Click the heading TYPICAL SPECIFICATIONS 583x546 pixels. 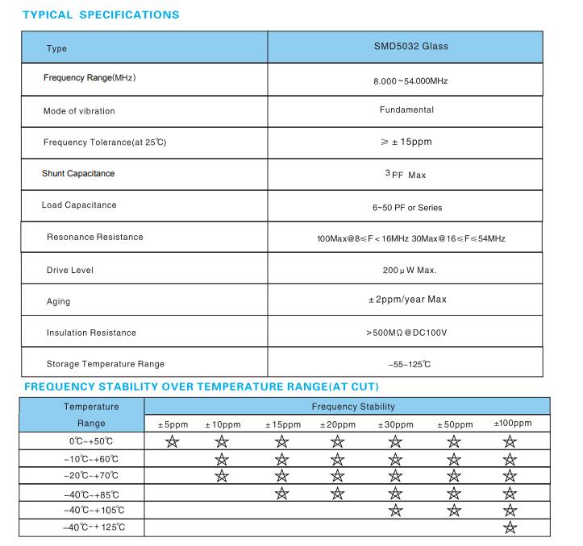pyautogui.click(x=101, y=14)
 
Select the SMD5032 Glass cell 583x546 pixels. pyautogui.click(x=411, y=47)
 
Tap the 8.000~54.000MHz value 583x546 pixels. pyautogui.click(x=411, y=82)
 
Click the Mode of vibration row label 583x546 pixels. pyautogui.click(x=79, y=110)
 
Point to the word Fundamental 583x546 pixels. pyautogui.click(x=406, y=110)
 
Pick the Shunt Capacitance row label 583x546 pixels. pyautogui.click(x=78, y=173)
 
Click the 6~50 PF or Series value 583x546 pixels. pyautogui.click(x=407, y=207)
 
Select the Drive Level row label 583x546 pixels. pyautogui.click(x=70, y=270)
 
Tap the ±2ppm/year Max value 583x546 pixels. pyautogui.click(x=407, y=300)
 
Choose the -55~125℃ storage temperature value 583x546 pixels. pyautogui.click(x=406, y=364)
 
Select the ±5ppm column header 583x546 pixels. pyautogui.click(x=172, y=424)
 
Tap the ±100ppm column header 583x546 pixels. pyautogui.click(x=512, y=424)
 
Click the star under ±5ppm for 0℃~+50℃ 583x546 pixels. pyautogui.click(x=171, y=441)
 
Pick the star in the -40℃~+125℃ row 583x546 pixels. pyautogui.click(x=510, y=527)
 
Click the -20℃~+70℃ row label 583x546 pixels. pyautogui.click(x=91, y=476)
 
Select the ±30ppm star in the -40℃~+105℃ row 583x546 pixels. pyautogui.click(x=395, y=510)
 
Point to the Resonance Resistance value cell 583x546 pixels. pyautogui.click(x=411, y=238)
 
